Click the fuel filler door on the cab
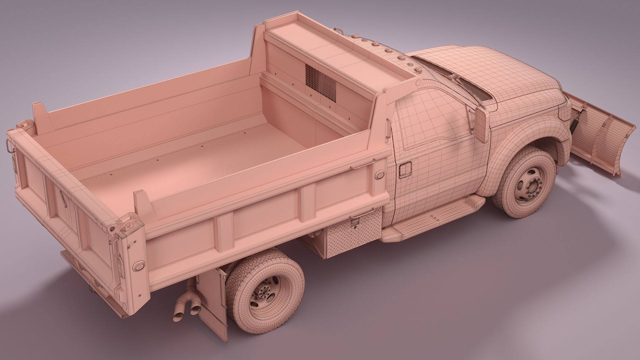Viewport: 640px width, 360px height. (406, 169)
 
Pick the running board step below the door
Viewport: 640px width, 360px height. (433, 220)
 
